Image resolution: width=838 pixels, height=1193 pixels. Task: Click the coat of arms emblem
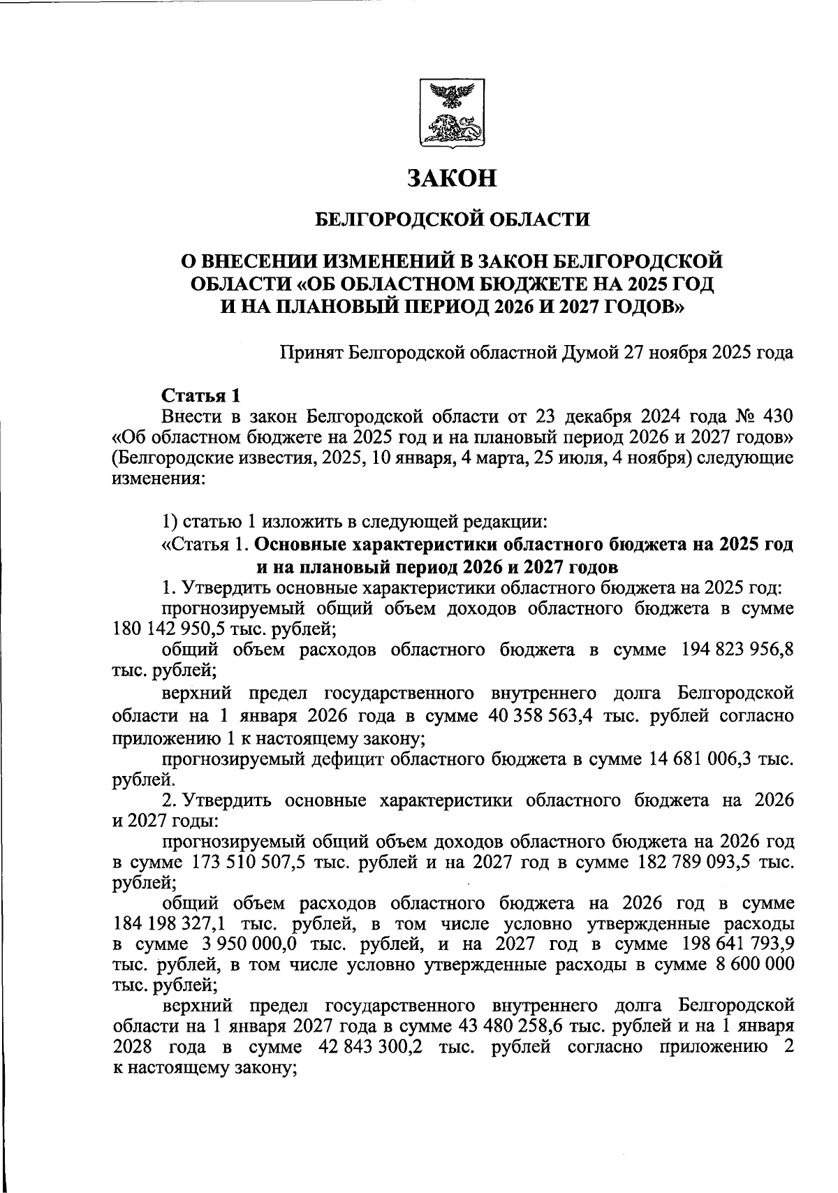coord(453,113)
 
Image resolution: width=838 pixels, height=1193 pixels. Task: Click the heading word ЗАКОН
coord(453,179)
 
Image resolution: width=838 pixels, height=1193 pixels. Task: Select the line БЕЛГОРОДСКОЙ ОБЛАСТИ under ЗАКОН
coord(453,220)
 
